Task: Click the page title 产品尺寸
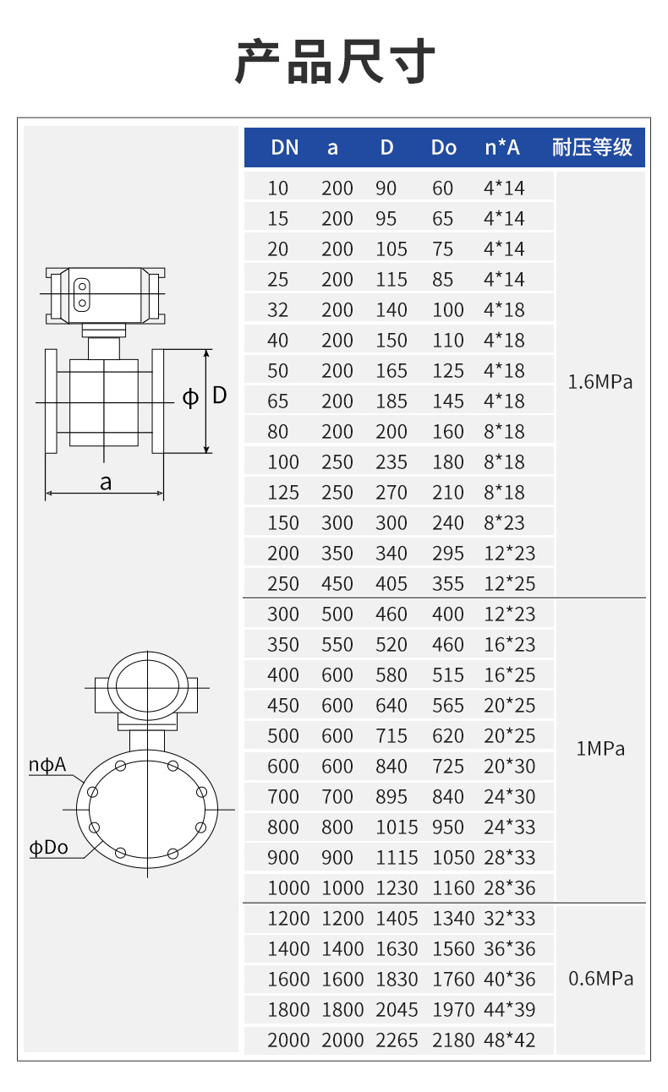(x=335, y=62)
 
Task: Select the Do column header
(x=444, y=148)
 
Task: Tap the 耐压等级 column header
(x=592, y=147)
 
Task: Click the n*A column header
(x=502, y=148)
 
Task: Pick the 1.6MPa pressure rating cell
(x=600, y=382)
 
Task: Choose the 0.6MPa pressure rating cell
(x=600, y=979)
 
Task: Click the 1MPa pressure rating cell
(x=600, y=749)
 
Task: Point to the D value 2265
(x=397, y=1040)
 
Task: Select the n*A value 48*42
(x=510, y=1040)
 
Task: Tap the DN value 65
(x=278, y=401)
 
